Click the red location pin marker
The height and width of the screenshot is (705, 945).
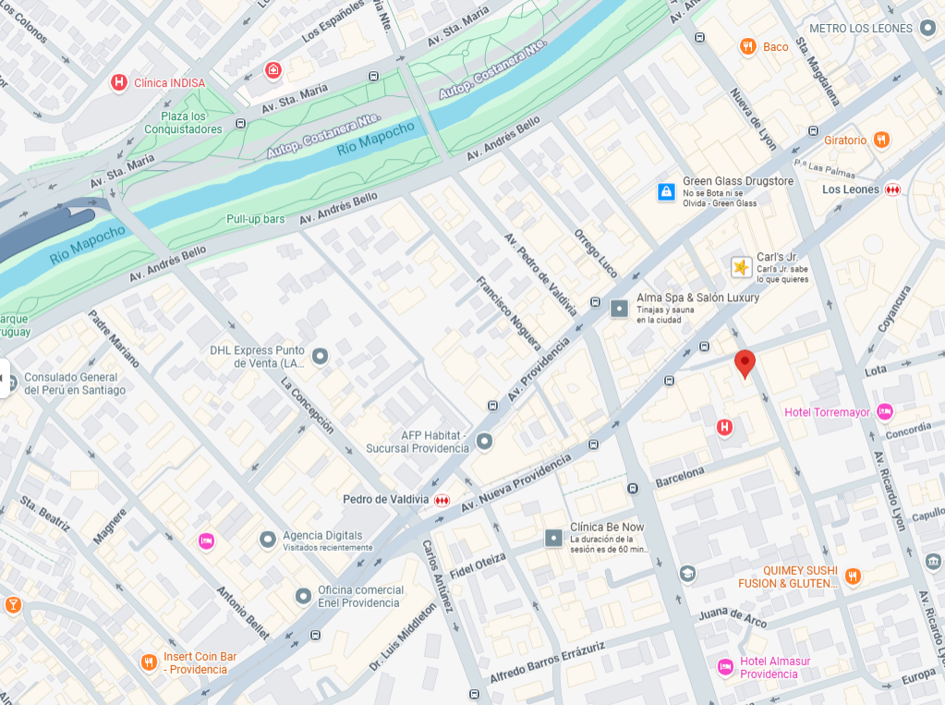point(745,363)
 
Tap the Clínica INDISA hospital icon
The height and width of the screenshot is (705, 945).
point(118,82)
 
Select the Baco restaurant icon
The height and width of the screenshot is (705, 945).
point(748,46)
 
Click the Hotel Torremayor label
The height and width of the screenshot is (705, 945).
point(827,412)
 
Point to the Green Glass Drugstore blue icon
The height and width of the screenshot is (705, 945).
point(666,192)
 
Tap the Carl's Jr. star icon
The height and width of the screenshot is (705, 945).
point(741,267)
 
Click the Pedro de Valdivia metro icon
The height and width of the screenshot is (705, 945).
point(442,500)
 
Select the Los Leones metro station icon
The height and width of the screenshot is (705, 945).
point(892,189)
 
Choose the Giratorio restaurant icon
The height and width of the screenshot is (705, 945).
point(881,140)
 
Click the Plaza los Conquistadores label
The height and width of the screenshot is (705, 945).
point(183,123)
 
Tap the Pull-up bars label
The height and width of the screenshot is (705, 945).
point(256,219)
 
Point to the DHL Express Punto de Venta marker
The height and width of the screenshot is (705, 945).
point(321,356)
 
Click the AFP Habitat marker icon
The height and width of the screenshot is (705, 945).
point(484,442)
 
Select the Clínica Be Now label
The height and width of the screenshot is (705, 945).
point(607,527)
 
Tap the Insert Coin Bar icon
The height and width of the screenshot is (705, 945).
point(149,662)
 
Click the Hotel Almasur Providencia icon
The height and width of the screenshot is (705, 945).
point(725,666)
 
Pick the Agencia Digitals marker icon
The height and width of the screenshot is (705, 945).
point(268,538)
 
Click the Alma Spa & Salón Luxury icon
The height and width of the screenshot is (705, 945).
point(620,309)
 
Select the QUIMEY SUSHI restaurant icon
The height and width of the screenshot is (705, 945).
point(853,576)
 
